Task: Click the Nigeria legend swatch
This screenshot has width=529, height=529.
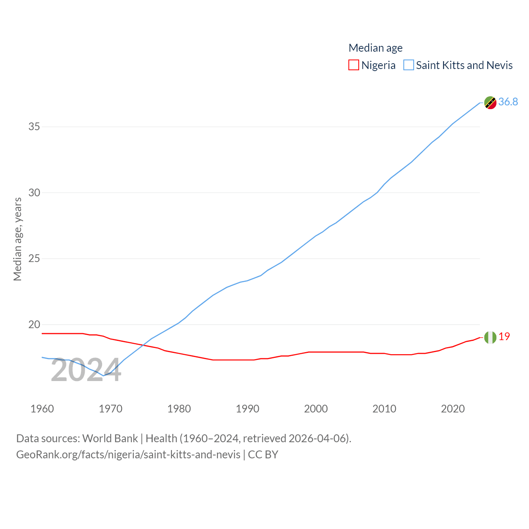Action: [x=354, y=65]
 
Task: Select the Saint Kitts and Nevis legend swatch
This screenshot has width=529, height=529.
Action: [x=409, y=65]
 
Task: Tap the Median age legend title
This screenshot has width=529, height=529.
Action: [x=375, y=48]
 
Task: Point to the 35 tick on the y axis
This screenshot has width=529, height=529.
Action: [x=34, y=126]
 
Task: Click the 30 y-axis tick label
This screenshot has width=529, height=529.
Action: [x=34, y=193]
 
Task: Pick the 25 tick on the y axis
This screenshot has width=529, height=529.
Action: [x=34, y=259]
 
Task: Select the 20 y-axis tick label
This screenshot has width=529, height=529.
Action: [x=34, y=324]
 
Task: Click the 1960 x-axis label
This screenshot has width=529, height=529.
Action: [x=42, y=409]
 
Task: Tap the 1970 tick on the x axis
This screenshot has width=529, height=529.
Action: [x=110, y=409]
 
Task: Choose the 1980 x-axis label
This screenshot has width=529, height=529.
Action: [x=179, y=409]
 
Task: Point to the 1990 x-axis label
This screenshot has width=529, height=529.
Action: [x=248, y=409]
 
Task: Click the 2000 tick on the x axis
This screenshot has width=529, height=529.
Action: [x=316, y=409]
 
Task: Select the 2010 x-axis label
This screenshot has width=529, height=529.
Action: [x=384, y=409]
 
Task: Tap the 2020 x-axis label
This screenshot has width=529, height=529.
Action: [x=453, y=409]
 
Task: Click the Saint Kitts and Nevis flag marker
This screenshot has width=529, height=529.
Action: [x=490, y=102]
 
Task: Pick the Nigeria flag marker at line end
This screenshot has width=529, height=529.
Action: [x=490, y=337]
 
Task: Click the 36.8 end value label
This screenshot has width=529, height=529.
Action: [x=508, y=102]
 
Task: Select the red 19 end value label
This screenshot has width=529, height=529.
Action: [x=504, y=336]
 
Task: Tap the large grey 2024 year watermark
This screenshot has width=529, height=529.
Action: [x=86, y=370]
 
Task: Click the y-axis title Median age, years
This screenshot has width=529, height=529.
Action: [x=18, y=239]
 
